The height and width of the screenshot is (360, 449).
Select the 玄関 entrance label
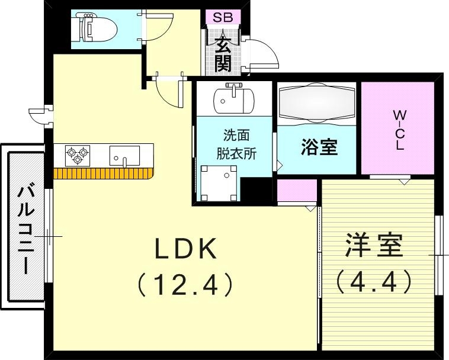(x=223, y=53)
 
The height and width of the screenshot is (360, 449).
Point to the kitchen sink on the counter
(x=124, y=156)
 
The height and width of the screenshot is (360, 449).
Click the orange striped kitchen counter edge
(x=104, y=173)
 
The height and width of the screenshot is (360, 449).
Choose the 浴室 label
(x=319, y=147)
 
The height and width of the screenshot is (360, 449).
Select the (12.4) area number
(x=184, y=285)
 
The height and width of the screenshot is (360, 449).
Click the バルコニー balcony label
(x=25, y=229)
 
